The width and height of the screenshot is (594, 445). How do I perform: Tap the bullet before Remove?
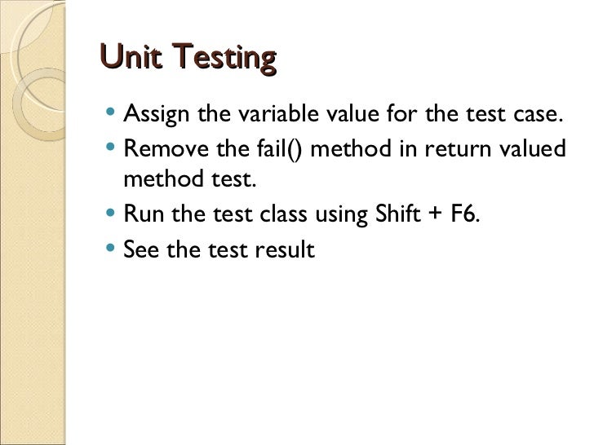(111, 150)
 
